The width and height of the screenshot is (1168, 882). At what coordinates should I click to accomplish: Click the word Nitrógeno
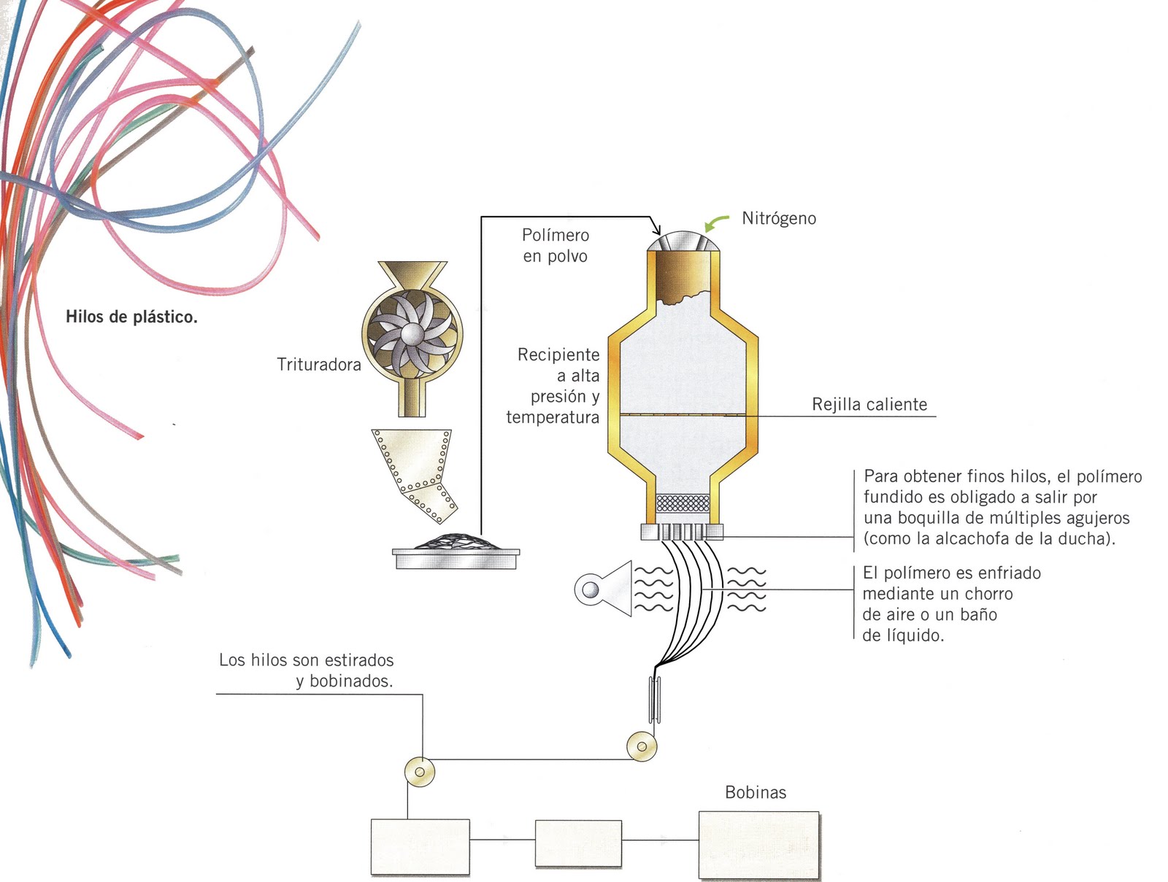coord(778,218)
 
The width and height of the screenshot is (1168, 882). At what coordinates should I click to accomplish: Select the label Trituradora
coord(319,364)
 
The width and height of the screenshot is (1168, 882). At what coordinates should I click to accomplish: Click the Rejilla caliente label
coord(869,404)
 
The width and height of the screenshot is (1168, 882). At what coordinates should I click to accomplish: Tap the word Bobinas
coord(756,792)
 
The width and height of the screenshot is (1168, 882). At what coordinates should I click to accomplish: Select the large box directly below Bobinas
coord(758,845)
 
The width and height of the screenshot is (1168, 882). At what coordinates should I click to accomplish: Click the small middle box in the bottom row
coord(578,843)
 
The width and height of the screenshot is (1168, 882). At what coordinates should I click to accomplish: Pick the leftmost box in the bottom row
coord(420,847)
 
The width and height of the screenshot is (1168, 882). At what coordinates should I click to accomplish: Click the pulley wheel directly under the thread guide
coord(642,746)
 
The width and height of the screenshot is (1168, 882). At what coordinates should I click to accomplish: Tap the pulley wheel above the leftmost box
coord(419,771)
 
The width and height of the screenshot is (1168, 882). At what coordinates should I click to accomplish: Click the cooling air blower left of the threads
coord(604,589)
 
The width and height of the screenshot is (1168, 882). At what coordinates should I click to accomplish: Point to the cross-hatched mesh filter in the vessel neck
coord(683,503)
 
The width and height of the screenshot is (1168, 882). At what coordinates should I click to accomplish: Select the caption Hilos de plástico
coord(131,317)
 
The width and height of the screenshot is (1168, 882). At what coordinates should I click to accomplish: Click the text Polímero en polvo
coord(555,245)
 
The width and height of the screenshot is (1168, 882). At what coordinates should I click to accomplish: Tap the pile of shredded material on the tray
coord(456,542)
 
